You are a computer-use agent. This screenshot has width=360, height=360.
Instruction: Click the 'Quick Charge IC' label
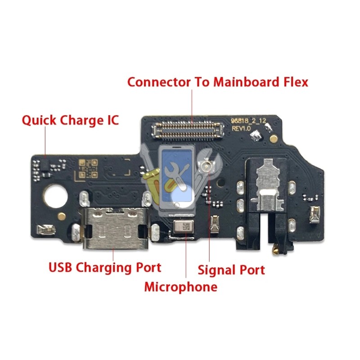pyautogui.click(x=71, y=121)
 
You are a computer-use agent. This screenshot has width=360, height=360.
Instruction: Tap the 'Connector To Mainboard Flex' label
pyautogui.click(x=218, y=82)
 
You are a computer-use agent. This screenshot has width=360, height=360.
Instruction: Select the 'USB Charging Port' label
pyautogui.click(x=104, y=268)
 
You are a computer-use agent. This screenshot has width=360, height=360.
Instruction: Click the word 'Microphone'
pyautogui.click(x=180, y=287)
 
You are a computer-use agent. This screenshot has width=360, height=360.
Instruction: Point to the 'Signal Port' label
pyautogui.click(x=231, y=270)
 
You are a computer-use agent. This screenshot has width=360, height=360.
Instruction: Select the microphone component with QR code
pyautogui.click(x=184, y=227)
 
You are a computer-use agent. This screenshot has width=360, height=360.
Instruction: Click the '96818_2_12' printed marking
pyautogui.click(x=246, y=121)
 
